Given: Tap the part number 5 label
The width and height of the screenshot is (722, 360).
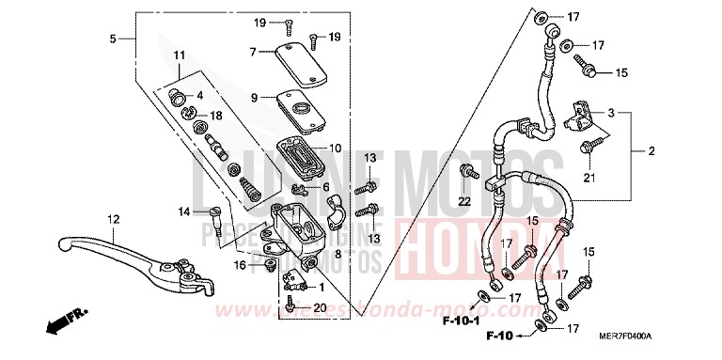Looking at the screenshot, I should click(x=113, y=39).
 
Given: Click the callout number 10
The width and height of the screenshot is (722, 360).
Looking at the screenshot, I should click(x=336, y=148).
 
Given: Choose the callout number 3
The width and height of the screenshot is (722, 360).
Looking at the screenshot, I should click(x=611, y=113).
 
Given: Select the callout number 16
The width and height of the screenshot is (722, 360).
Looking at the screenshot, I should click(x=241, y=266).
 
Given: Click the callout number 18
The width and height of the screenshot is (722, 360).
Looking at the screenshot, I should click(x=215, y=115).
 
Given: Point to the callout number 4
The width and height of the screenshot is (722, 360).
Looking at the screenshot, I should click(x=199, y=95).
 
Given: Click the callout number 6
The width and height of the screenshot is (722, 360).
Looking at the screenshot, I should click(x=324, y=187).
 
